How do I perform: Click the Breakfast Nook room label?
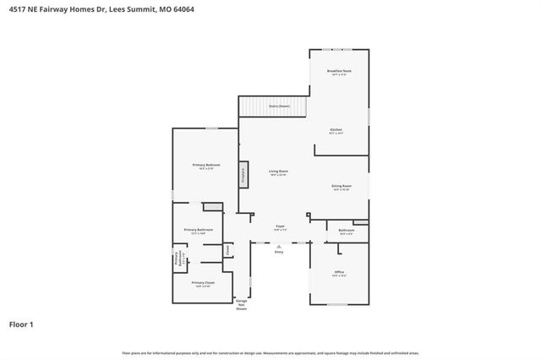click(x=338, y=73)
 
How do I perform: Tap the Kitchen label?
click(x=336, y=130)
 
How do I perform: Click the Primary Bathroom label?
click(x=199, y=231)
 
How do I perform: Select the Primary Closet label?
click(x=202, y=283)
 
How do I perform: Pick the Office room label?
click(x=338, y=272)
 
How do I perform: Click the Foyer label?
click(x=280, y=226)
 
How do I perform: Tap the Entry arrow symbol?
click(x=279, y=245)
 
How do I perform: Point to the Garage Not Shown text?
click(x=242, y=304)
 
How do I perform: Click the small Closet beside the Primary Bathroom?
click(x=228, y=249)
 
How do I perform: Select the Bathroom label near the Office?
click(x=346, y=231)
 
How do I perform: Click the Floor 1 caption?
click(x=21, y=324)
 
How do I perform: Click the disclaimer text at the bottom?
click(x=270, y=352)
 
